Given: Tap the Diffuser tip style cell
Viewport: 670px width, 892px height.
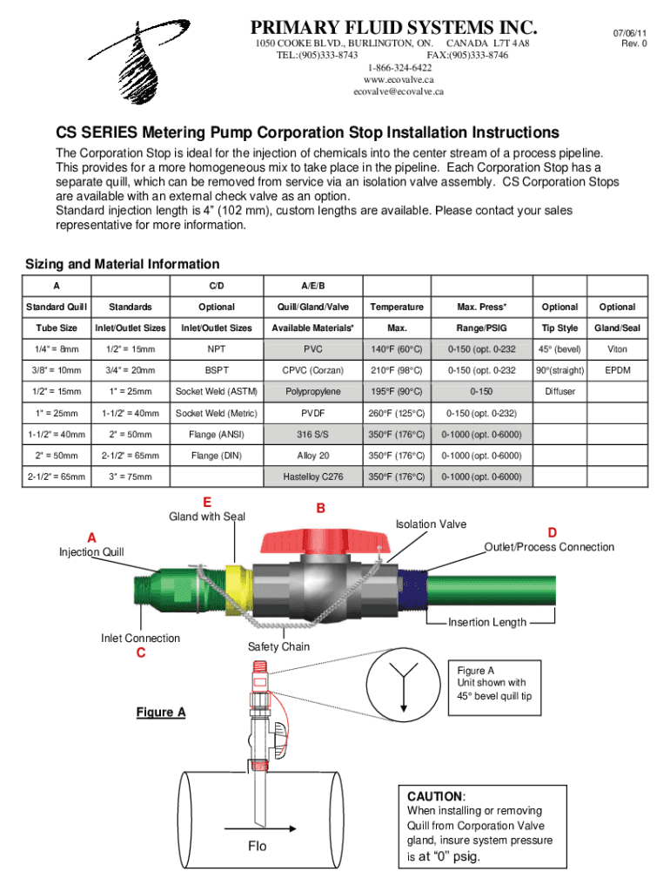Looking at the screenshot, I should point(560,392).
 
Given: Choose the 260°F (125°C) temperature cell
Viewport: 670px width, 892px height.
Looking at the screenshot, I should point(396,413).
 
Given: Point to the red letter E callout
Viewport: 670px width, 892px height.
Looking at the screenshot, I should point(206,502).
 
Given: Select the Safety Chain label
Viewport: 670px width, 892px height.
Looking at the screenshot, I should point(278,646).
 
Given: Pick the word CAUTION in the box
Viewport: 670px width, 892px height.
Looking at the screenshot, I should point(435,797).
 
